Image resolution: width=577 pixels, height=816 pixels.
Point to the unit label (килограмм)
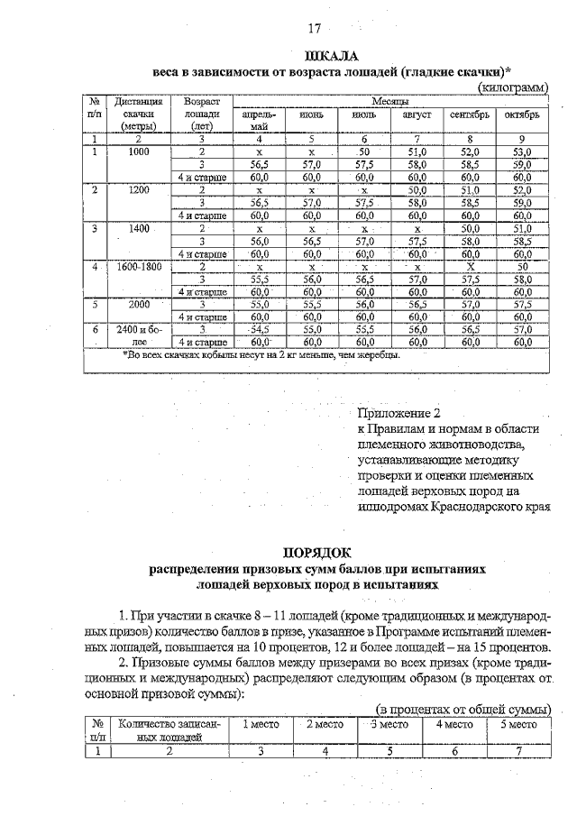(x=511, y=87)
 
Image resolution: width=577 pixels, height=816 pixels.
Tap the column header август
(x=417, y=116)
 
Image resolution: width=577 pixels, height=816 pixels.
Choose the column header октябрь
(x=522, y=116)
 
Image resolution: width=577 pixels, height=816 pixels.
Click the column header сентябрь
(x=469, y=116)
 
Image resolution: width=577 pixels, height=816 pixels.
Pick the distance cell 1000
(x=138, y=152)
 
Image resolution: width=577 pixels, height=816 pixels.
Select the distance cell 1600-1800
(x=138, y=268)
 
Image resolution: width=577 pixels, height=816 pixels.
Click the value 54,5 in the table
(x=260, y=330)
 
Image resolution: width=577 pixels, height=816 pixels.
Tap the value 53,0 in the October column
(x=522, y=152)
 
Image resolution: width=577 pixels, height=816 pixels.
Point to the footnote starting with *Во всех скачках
(x=261, y=354)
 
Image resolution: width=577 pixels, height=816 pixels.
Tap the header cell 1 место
(x=260, y=724)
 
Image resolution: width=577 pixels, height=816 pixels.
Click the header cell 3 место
(x=389, y=724)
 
